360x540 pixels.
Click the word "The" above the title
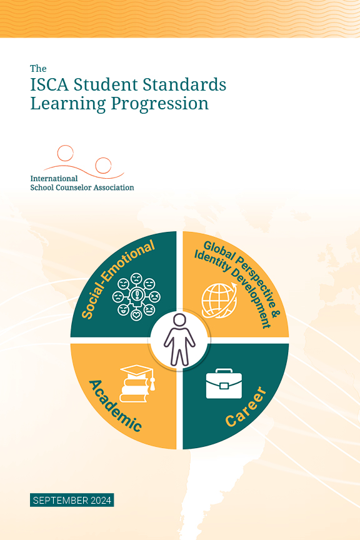tap(38, 68)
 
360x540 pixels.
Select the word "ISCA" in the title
tap(52, 84)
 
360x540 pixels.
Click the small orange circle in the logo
tap(65, 153)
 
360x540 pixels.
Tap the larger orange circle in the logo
tap(102, 166)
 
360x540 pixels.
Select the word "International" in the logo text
tap(54, 178)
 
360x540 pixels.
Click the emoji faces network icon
tap(136, 296)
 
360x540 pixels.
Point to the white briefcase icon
tap(223, 383)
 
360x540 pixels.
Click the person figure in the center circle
tap(179, 340)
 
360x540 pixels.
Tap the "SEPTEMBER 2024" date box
tap(72, 500)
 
